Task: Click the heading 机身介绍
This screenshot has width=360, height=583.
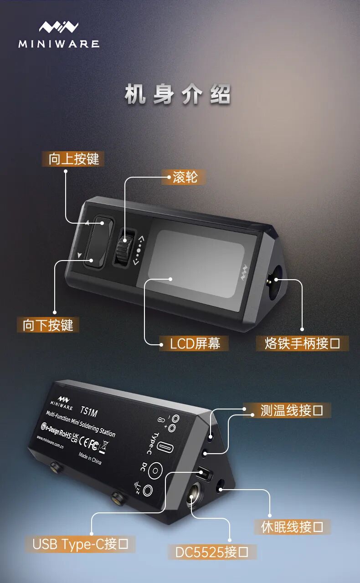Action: coord(178,94)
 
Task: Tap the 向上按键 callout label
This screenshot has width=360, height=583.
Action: coord(73,159)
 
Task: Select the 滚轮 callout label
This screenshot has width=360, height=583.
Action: coord(185,177)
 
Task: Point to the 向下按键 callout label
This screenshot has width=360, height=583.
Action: coord(48,325)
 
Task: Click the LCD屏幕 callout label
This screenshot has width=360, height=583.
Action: coord(194,343)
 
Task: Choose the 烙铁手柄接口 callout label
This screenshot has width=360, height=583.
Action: coord(302,343)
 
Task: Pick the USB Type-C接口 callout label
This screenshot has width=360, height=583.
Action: coord(80,544)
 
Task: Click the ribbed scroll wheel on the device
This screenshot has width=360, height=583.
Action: coord(123,247)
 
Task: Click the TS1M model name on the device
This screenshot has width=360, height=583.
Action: coord(88,411)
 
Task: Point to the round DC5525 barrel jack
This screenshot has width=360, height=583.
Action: coord(193,495)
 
